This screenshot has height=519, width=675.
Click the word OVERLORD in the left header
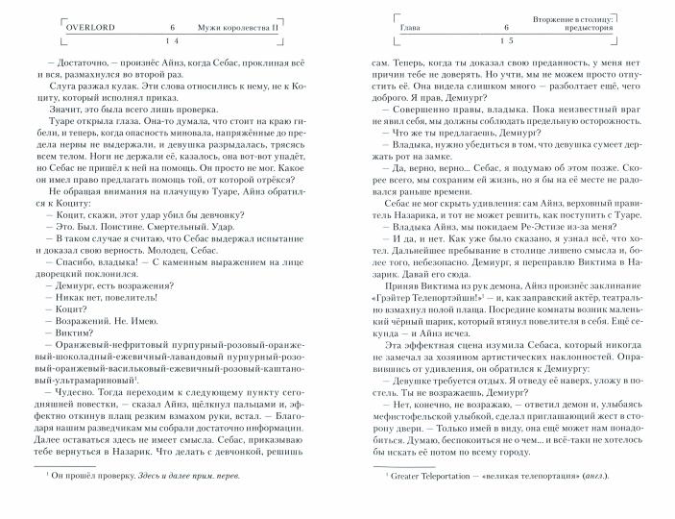90,28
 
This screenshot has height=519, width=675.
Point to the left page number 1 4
173,41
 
